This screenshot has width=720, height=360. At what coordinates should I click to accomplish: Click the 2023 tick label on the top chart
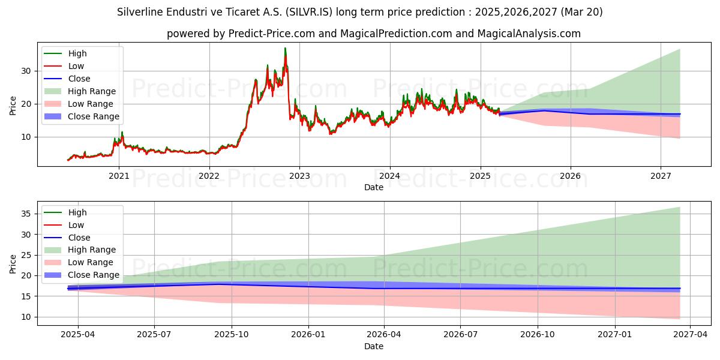pyautogui.click(x=299, y=176)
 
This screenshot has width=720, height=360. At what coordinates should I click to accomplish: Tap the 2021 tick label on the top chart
pyautogui.click(x=119, y=176)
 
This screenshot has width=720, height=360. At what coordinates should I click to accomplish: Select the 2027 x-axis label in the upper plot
pyautogui.click(x=661, y=176)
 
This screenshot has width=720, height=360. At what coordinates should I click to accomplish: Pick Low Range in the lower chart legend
pyautogui.click(x=91, y=262)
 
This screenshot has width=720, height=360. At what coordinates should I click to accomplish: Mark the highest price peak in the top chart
pyautogui.click(x=285, y=48)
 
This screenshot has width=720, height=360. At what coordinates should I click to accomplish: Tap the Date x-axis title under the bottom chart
pyautogui.click(x=373, y=346)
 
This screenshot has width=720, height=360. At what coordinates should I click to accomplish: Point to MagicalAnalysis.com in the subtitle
pyautogui.click(x=529, y=34)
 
